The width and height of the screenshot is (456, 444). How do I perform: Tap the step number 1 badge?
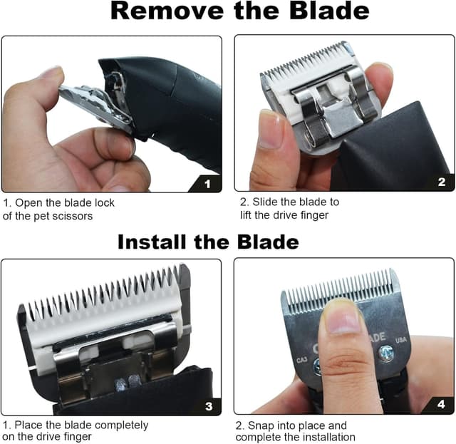tap(207, 184)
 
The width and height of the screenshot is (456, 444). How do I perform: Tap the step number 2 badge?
tap(441, 182)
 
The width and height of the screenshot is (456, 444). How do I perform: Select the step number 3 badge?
tap(208, 406)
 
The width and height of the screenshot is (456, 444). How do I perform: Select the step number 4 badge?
tap(441, 405)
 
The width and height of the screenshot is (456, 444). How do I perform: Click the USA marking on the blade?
tap(401, 339)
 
